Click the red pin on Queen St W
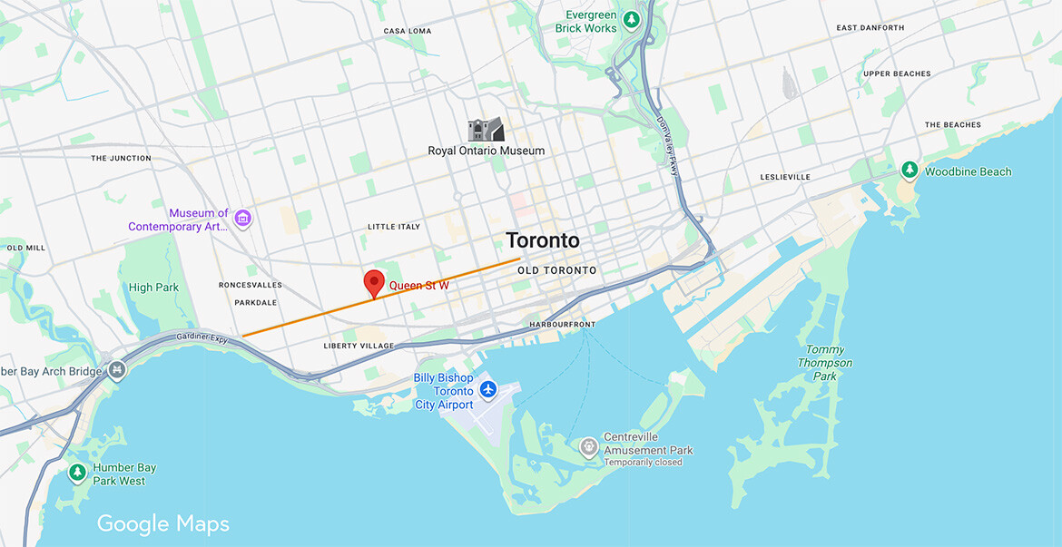(x=373, y=283)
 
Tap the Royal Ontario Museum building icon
(x=486, y=130)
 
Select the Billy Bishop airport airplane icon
(x=489, y=389)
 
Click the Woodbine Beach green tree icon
(x=909, y=171)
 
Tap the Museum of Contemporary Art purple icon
(x=242, y=218)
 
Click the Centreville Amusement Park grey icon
(x=589, y=446)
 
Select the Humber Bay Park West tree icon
(x=78, y=473)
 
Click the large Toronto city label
(x=542, y=240)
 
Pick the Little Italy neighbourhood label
(x=394, y=227)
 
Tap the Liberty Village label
(x=359, y=346)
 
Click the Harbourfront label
(x=563, y=325)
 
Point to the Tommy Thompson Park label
(x=825, y=363)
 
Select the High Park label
(x=153, y=288)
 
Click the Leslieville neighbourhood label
(x=786, y=177)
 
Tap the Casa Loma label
(x=408, y=31)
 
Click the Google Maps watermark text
(x=163, y=523)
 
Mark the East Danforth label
(x=870, y=28)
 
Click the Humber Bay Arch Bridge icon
(x=116, y=370)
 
